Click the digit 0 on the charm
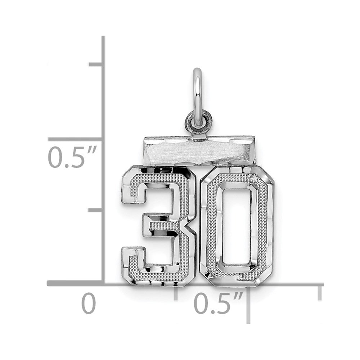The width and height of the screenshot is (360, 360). click(x=237, y=226)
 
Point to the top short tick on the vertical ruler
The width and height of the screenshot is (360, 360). click(x=95, y=64)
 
